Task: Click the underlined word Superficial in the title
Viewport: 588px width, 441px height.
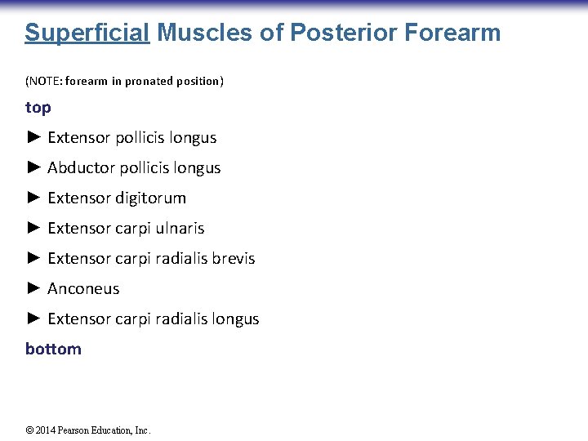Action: click(87, 33)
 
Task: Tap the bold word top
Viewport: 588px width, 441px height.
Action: click(38, 107)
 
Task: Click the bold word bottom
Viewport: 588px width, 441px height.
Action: click(53, 349)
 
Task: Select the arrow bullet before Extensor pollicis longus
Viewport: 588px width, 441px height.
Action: click(33, 137)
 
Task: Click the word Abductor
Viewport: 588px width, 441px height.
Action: click(81, 168)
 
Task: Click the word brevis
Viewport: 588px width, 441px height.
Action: click(234, 259)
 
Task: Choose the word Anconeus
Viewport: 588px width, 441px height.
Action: click(83, 289)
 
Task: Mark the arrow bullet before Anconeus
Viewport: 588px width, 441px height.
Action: click(33, 288)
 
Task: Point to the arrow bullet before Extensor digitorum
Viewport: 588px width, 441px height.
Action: click(33, 198)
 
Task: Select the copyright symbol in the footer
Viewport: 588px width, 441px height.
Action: click(29, 430)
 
